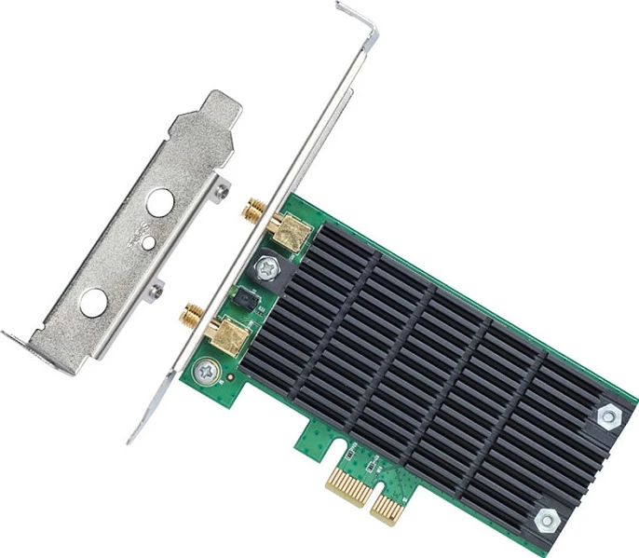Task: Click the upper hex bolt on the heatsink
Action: [x=609, y=416]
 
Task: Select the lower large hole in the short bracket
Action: [x=93, y=301]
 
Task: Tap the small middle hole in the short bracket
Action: [x=147, y=242]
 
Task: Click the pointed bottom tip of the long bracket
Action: [x=131, y=438]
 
